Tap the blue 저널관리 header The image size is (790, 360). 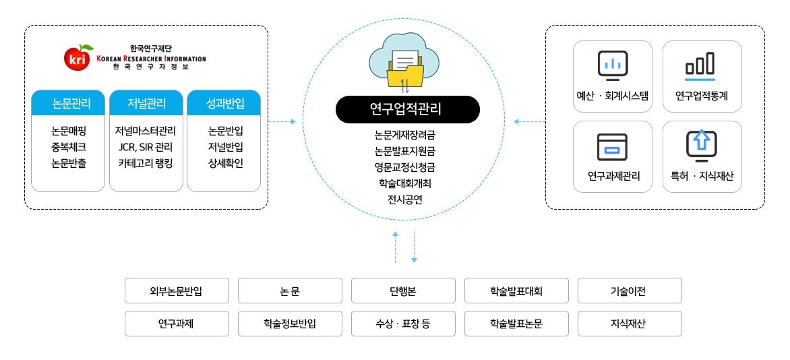pyautogui.click(x=146, y=103)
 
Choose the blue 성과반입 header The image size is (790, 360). pyautogui.click(x=224, y=103)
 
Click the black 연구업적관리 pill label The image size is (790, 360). pyautogui.click(x=408, y=109)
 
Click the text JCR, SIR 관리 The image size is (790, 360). pyautogui.click(x=146, y=148)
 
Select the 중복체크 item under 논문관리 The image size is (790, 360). pyautogui.click(x=68, y=148)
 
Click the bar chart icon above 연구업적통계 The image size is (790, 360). pyautogui.click(x=700, y=65)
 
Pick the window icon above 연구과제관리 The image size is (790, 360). pyautogui.click(x=612, y=146)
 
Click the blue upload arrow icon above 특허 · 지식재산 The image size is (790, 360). pyautogui.click(x=701, y=146)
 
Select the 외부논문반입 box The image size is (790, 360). pyautogui.click(x=177, y=291)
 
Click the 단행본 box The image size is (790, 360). pyautogui.click(x=403, y=291)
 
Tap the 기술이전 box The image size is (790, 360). pyautogui.click(x=630, y=291)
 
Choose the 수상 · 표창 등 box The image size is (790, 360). pyautogui.click(x=403, y=324)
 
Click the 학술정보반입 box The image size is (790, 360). pyautogui.click(x=291, y=324)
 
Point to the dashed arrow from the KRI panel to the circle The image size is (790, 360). pyautogui.click(x=282, y=121)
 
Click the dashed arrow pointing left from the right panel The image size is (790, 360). pyautogui.click(x=530, y=121)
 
